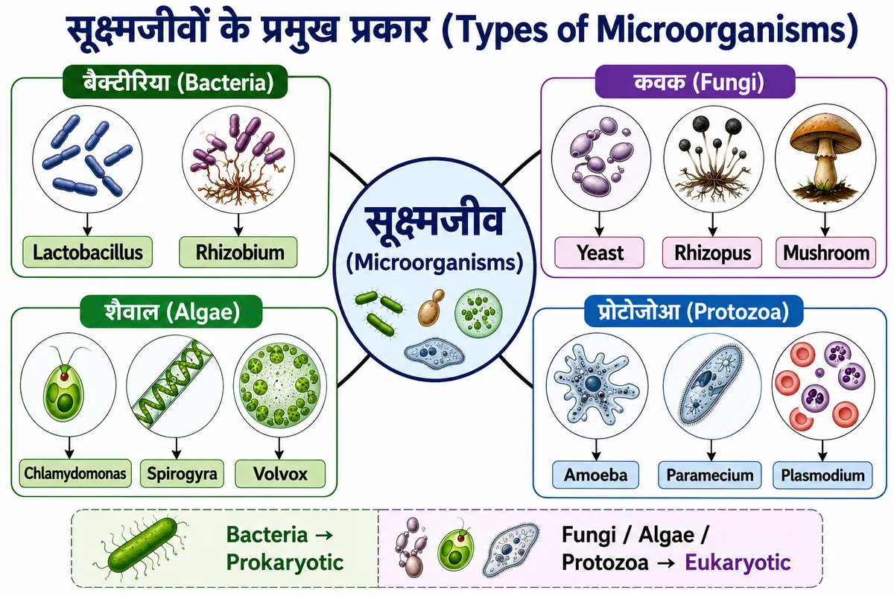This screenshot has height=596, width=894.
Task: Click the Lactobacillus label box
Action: [x=87, y=253]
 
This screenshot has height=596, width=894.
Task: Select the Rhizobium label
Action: [x=238, y=253]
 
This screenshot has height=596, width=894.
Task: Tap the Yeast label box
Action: [x=599, y=253]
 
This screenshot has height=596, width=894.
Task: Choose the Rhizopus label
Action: [x=712, y=253]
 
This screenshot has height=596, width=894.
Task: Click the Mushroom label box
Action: [x=825, y=253]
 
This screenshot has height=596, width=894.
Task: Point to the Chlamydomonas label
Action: [x=75, y=473]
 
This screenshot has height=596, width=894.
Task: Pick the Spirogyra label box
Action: [x=182, y=474]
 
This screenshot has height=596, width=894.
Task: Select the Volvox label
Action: [x=280, y=474]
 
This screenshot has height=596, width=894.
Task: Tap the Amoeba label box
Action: [x=595, y=475]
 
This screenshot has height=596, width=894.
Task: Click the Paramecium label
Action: [x=709, y=475]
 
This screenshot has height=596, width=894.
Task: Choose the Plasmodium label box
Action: [x=822, y=475]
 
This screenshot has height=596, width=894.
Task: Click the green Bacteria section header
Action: [x=175, y=82]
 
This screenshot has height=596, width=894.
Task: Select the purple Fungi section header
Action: [x=695, y=82]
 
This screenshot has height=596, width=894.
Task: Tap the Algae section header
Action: [x=171, y=311]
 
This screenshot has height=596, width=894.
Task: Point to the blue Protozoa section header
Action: [x=694, y=311]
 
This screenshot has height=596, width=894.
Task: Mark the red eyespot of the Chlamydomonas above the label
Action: [x=64, y=376]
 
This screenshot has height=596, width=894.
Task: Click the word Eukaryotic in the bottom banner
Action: [x=738, y=562]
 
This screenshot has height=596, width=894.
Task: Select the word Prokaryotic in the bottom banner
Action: [x=285, y=562]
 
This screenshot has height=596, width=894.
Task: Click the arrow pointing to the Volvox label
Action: [x=279, y=448]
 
